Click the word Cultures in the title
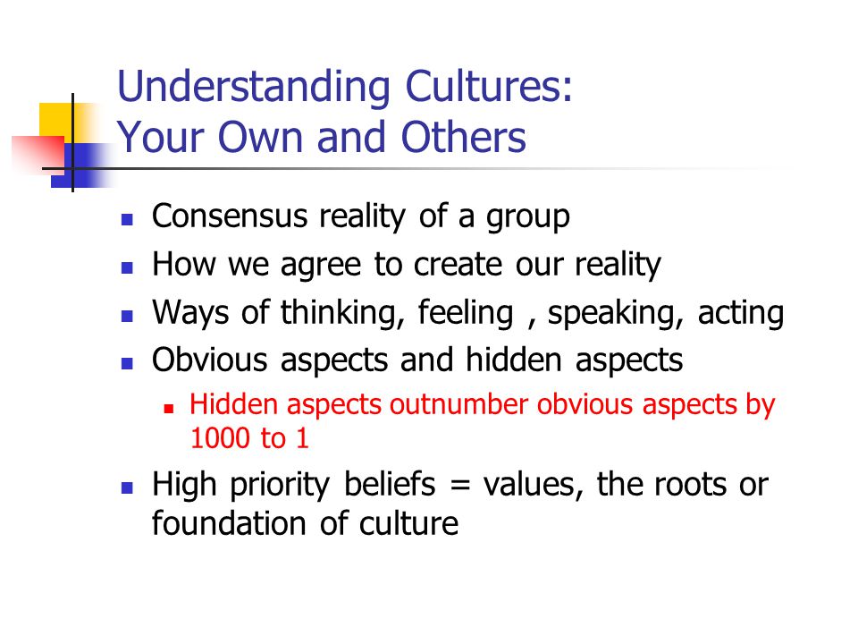click(x=489, y=86)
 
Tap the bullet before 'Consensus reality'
click(x=127, y=220)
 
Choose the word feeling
click(x=466, y=314)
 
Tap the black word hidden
click(x=514, y=360)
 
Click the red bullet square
click(x=169, y=408)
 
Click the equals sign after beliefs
click(x=459, y=485)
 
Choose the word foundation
click(x=229, y=523)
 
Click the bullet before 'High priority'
click(x=127, y=487)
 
